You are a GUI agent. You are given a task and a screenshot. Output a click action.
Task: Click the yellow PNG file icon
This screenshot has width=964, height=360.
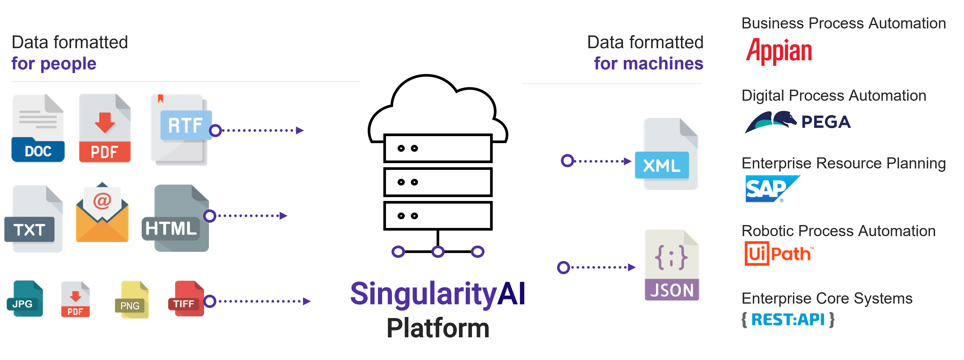tap(132, 300)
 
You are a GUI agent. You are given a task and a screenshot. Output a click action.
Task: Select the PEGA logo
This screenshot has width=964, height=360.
tap(797, 122)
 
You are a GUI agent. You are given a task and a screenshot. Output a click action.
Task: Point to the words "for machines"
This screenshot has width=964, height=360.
tap(649, 64)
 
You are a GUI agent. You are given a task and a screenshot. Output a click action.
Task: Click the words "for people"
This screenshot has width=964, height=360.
tap(54, 64)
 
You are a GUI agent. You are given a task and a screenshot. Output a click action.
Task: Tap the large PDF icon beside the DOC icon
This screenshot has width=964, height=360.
tap(105, 128)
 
